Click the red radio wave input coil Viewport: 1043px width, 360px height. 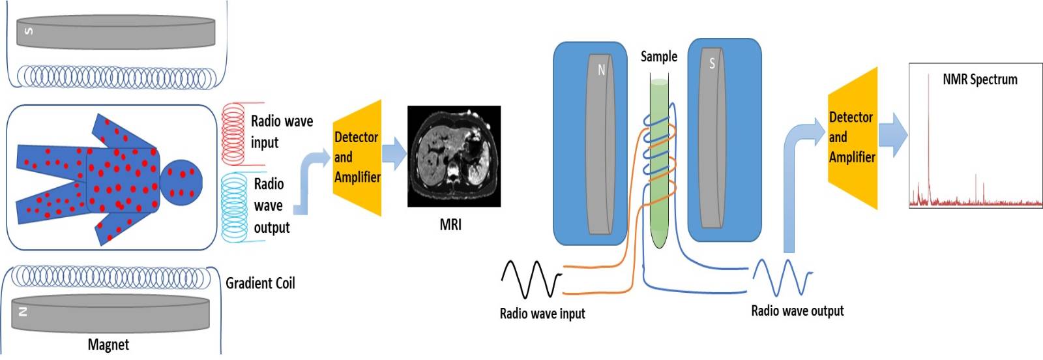233,134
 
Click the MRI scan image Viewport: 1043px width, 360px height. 454,157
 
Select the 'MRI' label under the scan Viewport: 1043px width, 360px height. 450,225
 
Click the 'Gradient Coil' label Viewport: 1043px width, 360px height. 260,283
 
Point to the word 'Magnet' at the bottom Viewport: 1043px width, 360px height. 108,344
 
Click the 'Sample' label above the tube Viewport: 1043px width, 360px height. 658,57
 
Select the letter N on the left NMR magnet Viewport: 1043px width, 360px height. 601,70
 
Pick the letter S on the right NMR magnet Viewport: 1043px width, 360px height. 712,63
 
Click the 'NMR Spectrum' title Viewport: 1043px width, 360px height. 980,80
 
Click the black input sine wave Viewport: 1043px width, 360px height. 531,278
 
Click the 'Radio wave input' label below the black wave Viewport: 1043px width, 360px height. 542,314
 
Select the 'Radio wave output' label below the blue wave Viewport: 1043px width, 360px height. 797,311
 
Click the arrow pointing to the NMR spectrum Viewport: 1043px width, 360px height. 894,135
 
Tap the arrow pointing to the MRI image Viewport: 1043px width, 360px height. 394,154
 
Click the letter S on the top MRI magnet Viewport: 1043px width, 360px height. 28,31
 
